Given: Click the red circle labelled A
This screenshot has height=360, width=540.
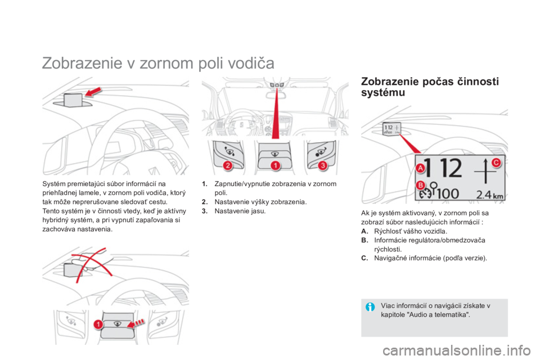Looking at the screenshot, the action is [420, 168].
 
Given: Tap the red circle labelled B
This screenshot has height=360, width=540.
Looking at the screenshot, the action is [421, 185].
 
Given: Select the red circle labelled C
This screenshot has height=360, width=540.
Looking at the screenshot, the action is [496, 162].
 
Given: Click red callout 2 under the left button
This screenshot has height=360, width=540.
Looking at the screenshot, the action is [228, 166].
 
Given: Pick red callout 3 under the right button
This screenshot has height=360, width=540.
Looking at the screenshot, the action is [323, 166].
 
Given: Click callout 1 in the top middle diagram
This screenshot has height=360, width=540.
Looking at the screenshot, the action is [275, 166].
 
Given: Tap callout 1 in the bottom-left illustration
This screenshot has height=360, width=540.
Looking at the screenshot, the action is [98, 324].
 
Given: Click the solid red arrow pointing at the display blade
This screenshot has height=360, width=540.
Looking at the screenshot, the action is [93, 92].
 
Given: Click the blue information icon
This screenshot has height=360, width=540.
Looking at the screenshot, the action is [370, 307].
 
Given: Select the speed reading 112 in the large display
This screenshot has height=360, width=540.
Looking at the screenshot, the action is [443, 168].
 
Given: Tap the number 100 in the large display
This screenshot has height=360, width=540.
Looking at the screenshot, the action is [448, 193].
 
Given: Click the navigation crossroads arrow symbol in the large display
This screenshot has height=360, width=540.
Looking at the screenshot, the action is [485, 171].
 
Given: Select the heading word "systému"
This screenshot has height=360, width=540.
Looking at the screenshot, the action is [383, 93].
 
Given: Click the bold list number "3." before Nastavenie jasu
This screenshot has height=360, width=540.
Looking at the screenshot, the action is [205, 211].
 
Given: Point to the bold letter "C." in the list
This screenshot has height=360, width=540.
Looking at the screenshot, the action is [364, 258].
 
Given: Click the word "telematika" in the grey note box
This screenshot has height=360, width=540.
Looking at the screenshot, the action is [449, 314].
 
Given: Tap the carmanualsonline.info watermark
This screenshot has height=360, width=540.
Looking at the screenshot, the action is [457, 350].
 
